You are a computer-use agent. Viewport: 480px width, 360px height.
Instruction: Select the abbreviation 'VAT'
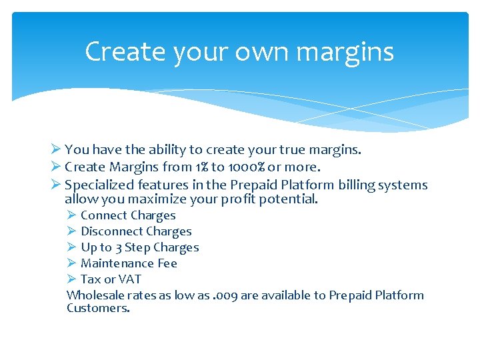[129, 279]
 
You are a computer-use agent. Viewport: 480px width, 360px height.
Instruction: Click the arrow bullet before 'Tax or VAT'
[72, 279]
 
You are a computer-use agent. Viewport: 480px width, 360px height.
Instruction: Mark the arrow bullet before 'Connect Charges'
[72, 215]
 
